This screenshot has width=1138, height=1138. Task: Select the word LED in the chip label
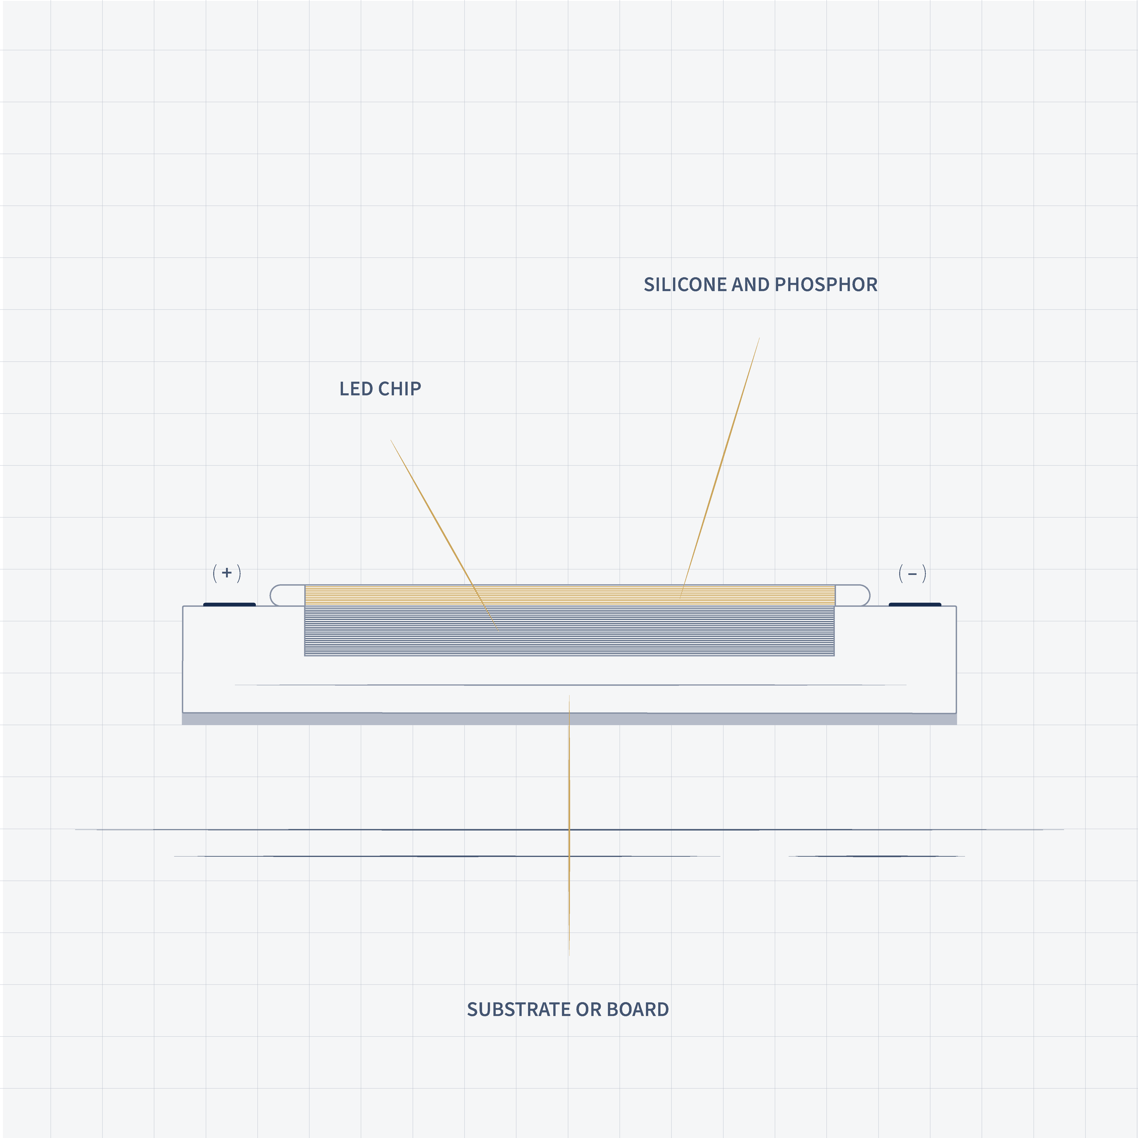click(355, 389)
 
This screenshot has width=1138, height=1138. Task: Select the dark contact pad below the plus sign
click(229, 604)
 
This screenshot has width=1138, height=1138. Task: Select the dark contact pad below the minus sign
click(915, 604)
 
